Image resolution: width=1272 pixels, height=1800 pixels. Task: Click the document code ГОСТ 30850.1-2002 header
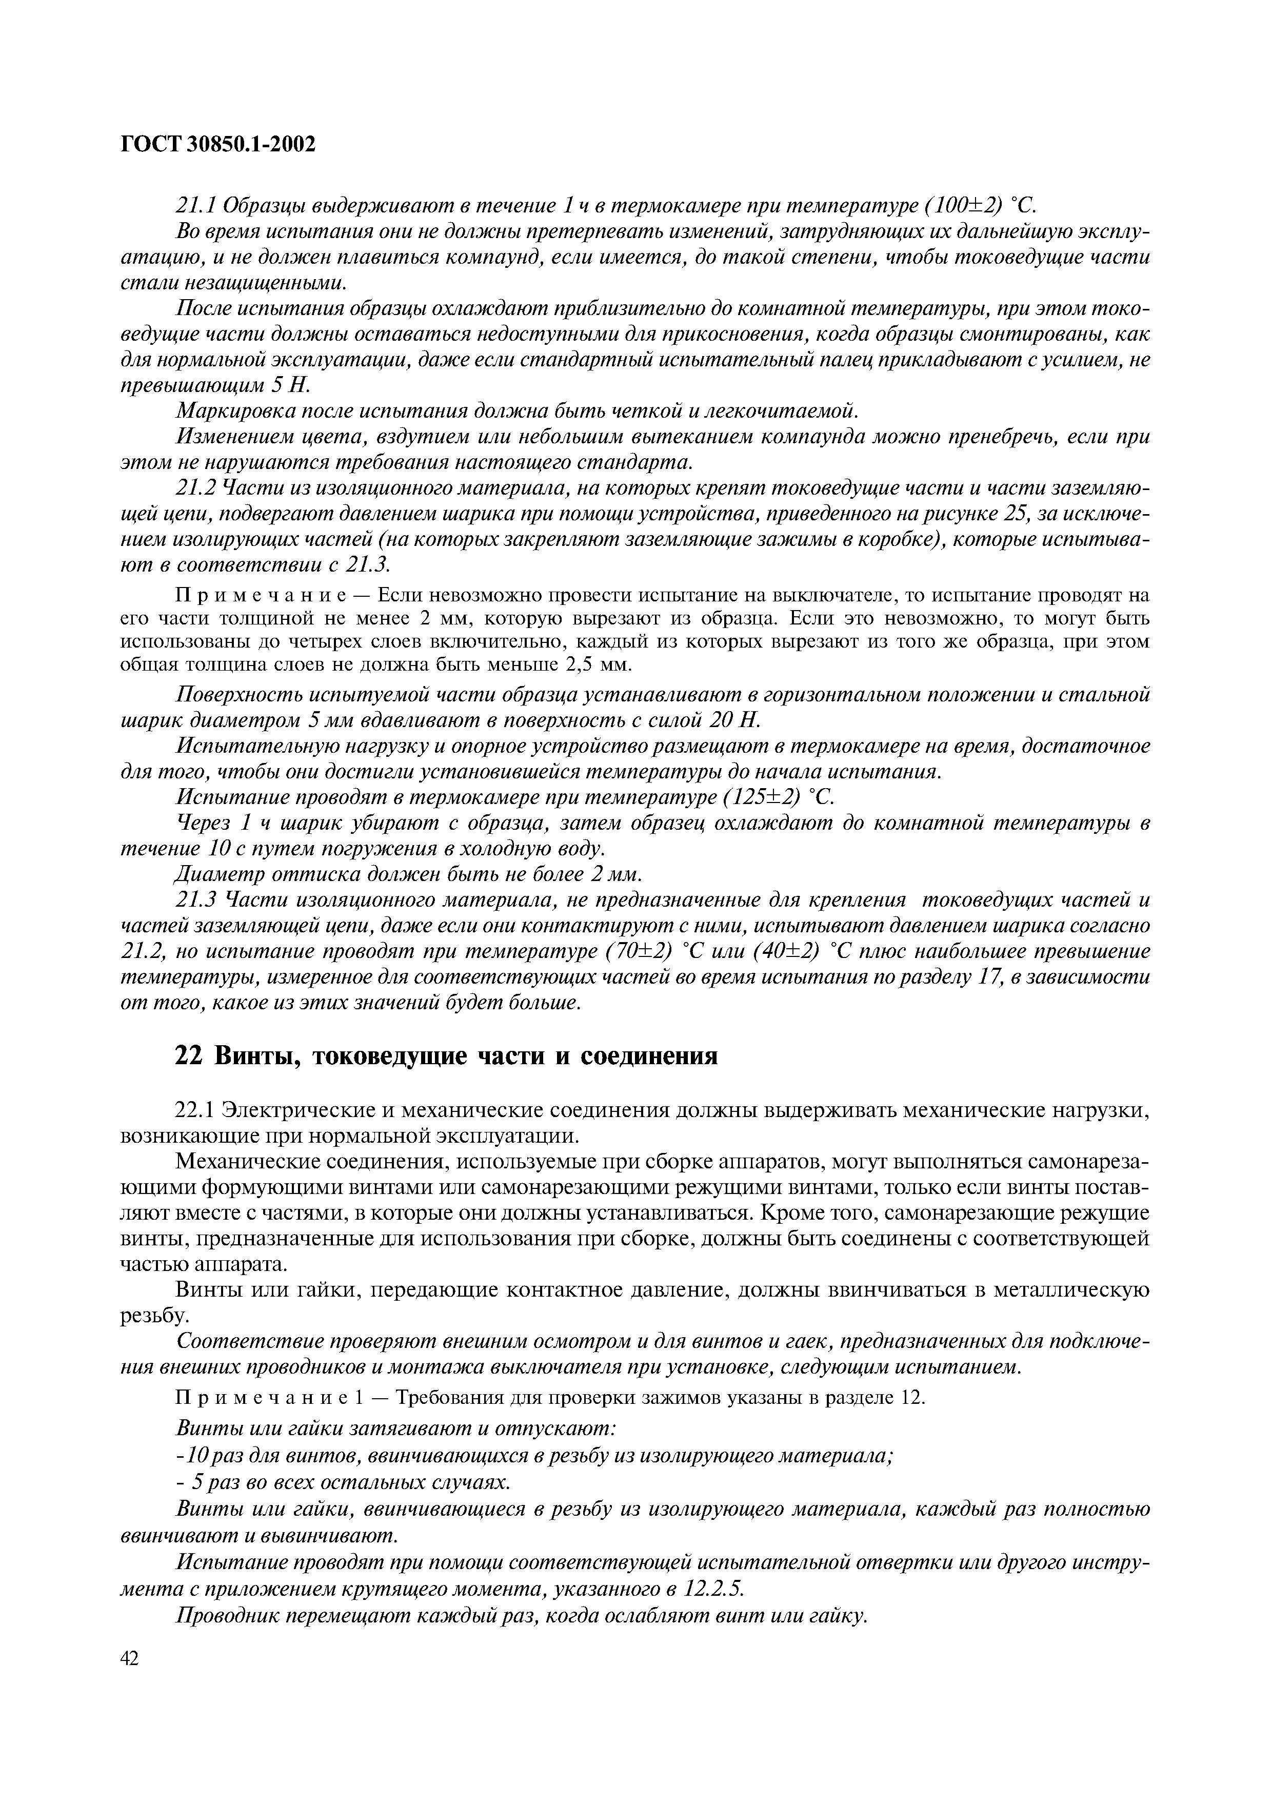tap(218, 144)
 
